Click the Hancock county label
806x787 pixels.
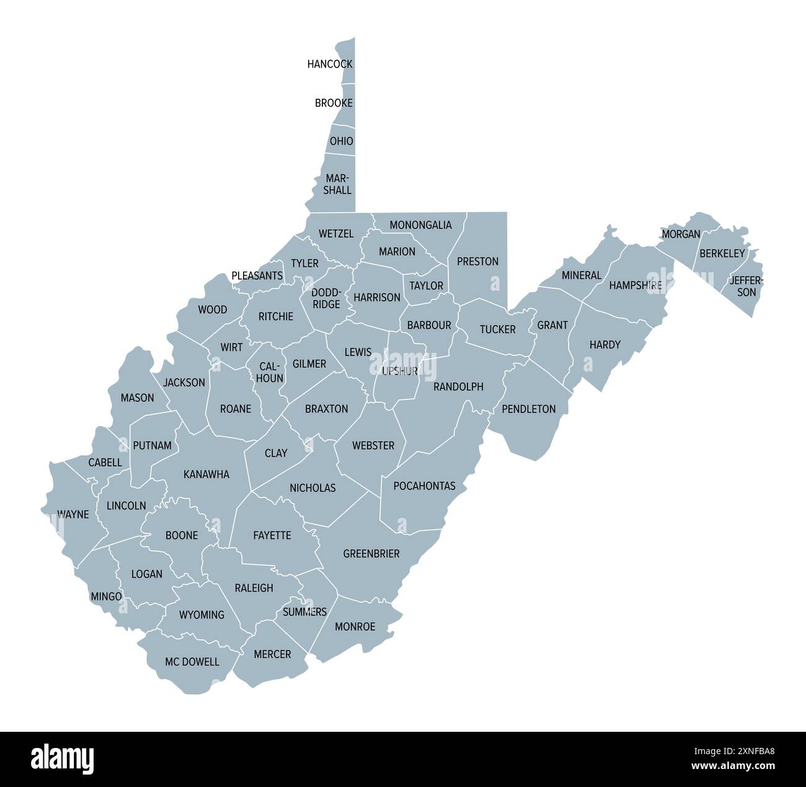pyautogui.click(x=330, y=64)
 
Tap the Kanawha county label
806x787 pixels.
pyautogui.click(x=206, y=474)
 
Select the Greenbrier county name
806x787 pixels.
pyautogui.click(x=371, y=553)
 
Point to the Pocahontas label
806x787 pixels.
pyautogui.click(x=424, y=486)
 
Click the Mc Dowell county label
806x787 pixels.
pyautogui.click(x=192, y=662)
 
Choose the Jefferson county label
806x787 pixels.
pyautogui.click(x=746, y=286)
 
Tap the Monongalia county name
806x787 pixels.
pyautogui.click(x=420, y=225)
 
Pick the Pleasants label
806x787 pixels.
pyautogui.click(x=257, y=275)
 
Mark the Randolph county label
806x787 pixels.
pyautogui.click(x=458, y=386)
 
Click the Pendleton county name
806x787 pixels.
pyautogui.click(x=529, y=409)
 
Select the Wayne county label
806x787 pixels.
pyautogui.click(x=73, y=514)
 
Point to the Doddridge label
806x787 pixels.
pyautogui.click(x=326, y=298)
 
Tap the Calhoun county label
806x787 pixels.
pyautogui.click(x=270, y=372)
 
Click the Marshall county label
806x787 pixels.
pyautogui.click(x=337, y=184)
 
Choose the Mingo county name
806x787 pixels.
pyautogui.click(x=107, y=596)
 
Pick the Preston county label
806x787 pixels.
pyautogui.click(x=477, y=261)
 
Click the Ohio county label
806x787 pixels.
pyautogui.click(x=342, y=141)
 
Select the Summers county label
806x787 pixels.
pyautogui.click(x=304, y=612)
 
